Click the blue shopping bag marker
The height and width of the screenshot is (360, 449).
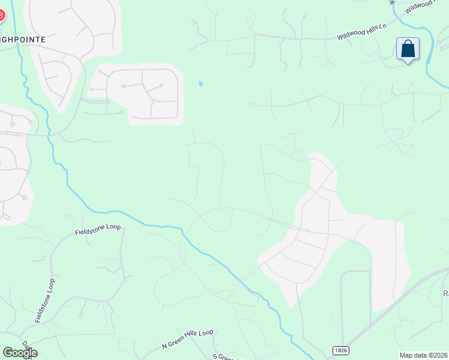click(x=408, y=49)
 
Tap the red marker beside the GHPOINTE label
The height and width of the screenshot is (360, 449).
click(x=1, y=15)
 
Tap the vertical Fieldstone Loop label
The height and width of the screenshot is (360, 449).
click(x=44, y=301)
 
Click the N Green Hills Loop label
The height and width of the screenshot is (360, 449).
click(x=187, y=339)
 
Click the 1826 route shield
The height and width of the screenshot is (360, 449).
click(x=340, y=350)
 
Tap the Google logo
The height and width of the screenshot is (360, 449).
click(x=20, y=353)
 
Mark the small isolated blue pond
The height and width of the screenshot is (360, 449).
click(x=200, y=84)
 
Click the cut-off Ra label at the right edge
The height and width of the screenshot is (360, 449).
click(x=445, y=293)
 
